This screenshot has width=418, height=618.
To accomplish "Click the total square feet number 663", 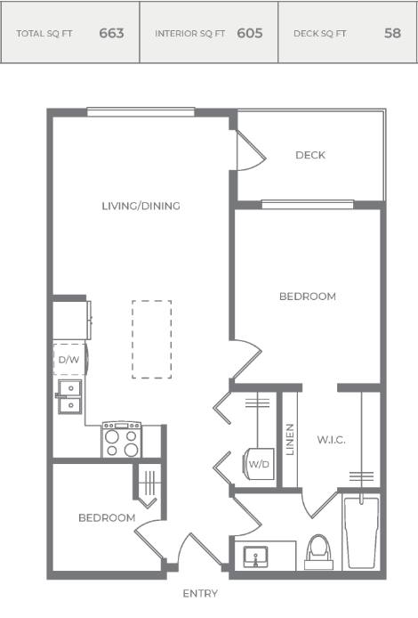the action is [x=111, y=33].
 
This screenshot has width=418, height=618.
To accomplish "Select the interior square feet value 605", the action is [x=250, y=33].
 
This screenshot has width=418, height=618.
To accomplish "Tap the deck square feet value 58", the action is [x=392, y=33].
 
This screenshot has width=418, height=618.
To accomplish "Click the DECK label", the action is [x=310, y=155].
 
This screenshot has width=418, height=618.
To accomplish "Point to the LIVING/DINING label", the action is [x=141, y=206].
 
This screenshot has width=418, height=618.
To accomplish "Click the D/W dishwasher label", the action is [x=68, y=360].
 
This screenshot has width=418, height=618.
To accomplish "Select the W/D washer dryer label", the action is [x=259, y=464].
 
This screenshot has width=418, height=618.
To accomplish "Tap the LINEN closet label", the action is [x=290, y=440].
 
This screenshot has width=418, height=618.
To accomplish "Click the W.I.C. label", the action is [x=332, y=440].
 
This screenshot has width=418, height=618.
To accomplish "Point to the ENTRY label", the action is [x=200, y=594].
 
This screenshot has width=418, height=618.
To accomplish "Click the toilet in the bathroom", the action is [x=318, y=552].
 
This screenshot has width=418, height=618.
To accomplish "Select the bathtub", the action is [x=361, y=533].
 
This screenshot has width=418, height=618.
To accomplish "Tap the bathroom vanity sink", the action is [x=255, y=557].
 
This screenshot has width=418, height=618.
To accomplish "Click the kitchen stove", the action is [x=122, y=440].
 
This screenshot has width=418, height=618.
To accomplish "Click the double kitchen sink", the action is [x=70, y=396].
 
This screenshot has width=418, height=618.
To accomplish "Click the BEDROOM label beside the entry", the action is [x=107, y=517].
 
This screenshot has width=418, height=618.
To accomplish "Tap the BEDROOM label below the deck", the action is [x=308, y=297].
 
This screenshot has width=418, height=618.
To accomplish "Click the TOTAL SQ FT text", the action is [x=44, y=34].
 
